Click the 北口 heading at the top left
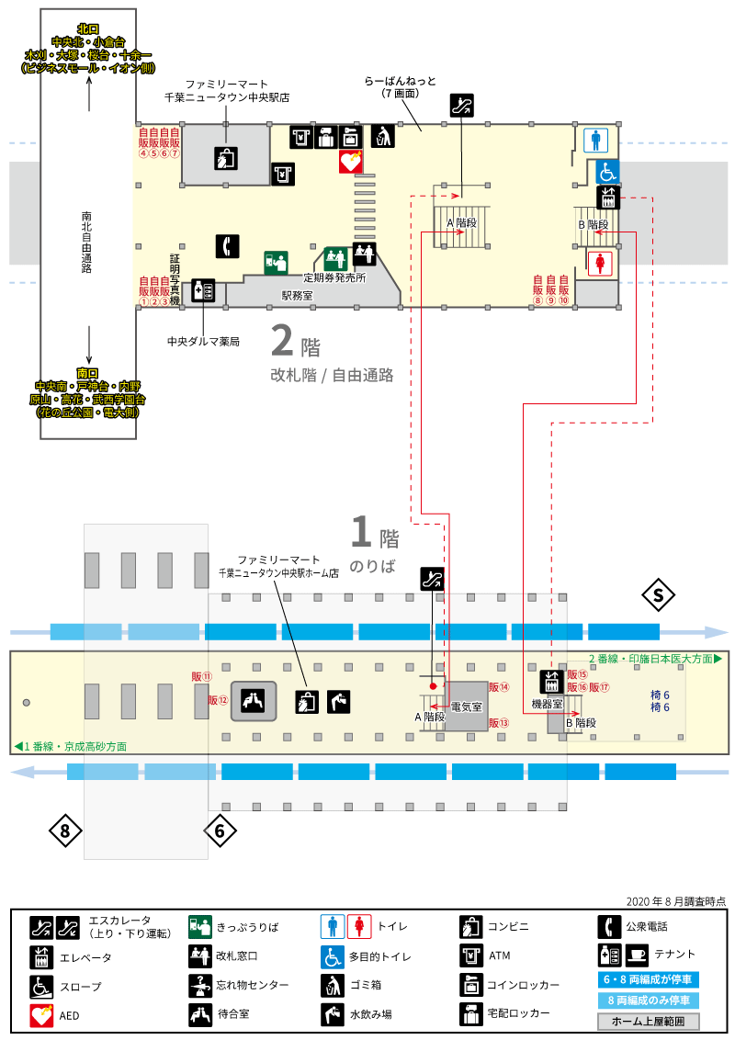[88, 29]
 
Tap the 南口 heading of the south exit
[87, 373]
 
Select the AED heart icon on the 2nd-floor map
[350, 161]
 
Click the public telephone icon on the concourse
[228, 246]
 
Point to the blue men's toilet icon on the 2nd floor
[595, 141]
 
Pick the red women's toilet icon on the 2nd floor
[600, 263]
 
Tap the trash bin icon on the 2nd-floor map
[382, 137]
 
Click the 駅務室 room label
[297, 296]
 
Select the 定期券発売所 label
[334, 277]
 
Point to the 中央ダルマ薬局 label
[203, 342]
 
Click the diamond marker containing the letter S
[658, 595]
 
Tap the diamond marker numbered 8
[65, 831]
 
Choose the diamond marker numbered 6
[220, 831]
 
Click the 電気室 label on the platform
[467, 707]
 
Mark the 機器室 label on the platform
[548, 704]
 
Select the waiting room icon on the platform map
[254, 700]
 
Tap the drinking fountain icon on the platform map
[338, 702]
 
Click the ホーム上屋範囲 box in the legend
[648, 1022]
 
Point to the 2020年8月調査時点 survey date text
[676, 901]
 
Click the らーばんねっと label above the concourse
[400, 82]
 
